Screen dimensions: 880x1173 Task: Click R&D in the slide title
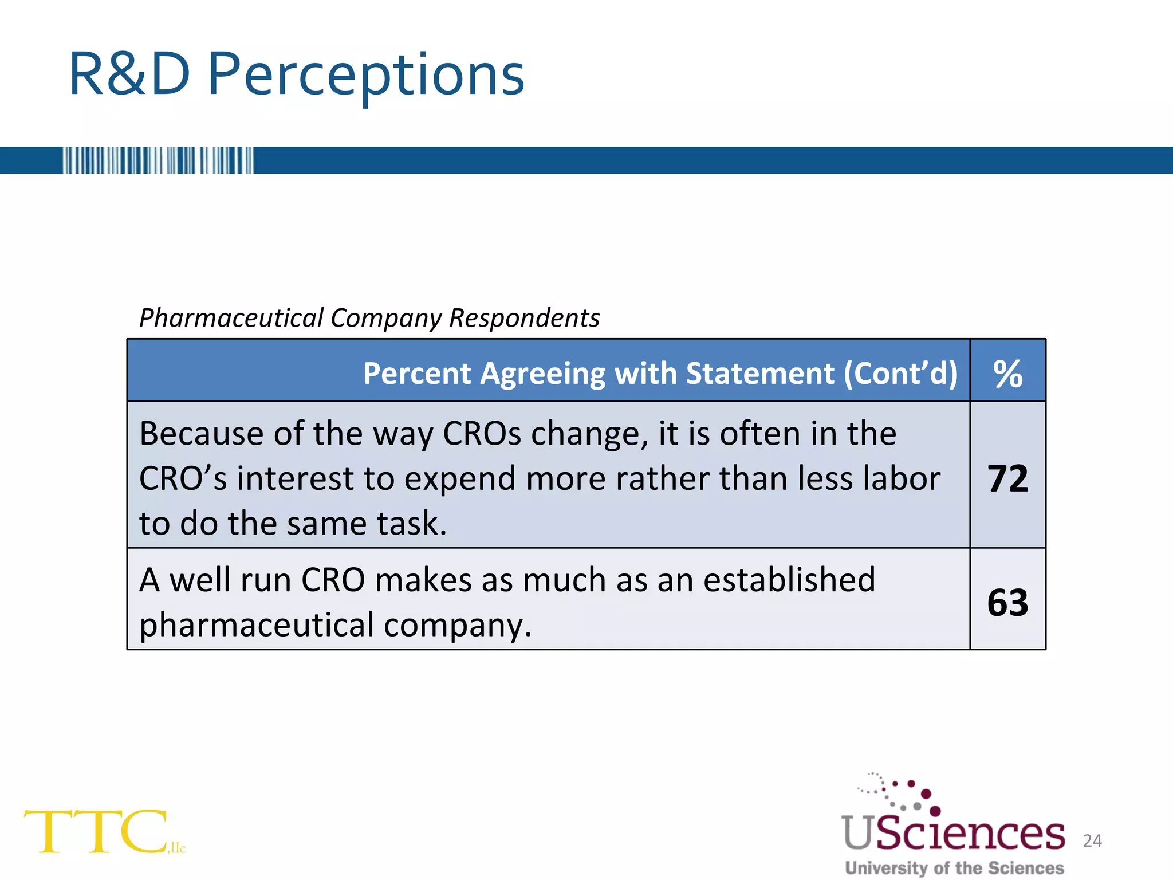coord(129,74)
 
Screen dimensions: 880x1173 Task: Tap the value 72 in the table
coord(1007,478)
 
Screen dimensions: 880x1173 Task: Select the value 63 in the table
coord(1007,603)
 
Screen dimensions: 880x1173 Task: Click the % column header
coord(1007,374)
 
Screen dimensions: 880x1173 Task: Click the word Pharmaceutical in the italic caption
coord(231,318)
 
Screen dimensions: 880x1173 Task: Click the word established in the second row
coord(789,580)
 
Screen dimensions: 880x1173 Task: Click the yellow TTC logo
coord(97,831)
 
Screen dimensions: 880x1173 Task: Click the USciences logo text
coord(953,834)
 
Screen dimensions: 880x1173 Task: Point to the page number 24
coord(1092,840)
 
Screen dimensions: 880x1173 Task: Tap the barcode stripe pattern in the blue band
coord(158,160)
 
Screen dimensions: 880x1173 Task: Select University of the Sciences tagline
coord(954,868)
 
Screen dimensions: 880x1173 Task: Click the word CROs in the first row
coord(482,434)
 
